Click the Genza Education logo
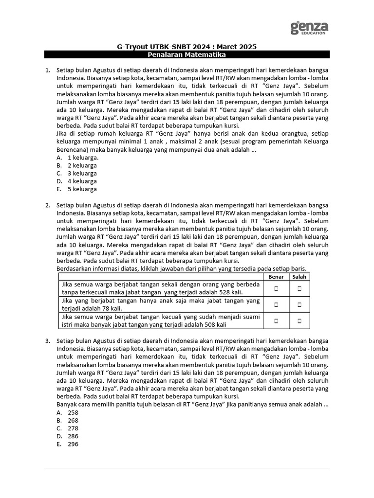click(309, 28)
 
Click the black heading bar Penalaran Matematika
click(187, 55)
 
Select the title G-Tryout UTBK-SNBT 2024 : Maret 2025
click(187, 47)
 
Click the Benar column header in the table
click(276, 277)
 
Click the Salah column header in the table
click(299, 277)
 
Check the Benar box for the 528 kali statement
click(276, 288)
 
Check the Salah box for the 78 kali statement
click(299, 304)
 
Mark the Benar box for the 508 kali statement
click(276, 320)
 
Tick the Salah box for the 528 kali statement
click(299, 288)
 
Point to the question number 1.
click(48, 70)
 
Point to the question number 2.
click(48, 205)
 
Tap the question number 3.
click(48, 340)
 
